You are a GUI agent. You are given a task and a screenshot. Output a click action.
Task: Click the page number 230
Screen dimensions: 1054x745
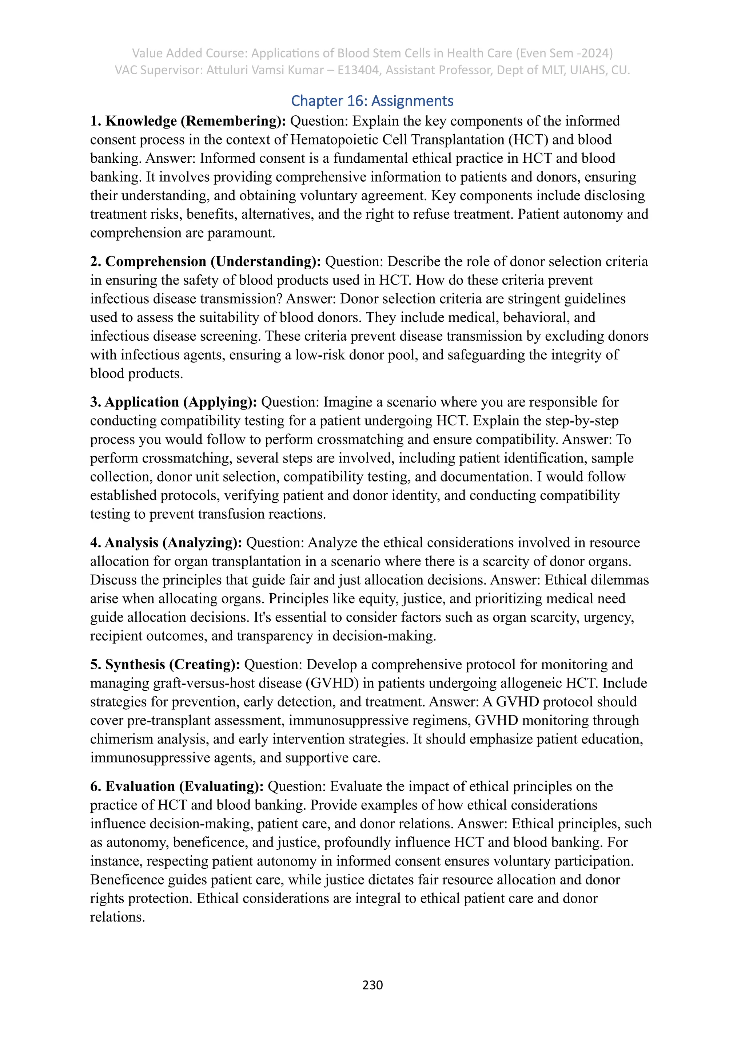(x=372, y=985)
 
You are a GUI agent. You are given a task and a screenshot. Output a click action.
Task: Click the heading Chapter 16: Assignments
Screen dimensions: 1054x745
(x=372, y=101)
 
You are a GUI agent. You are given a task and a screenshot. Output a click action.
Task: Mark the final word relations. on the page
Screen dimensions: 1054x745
(x=117, y=917)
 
